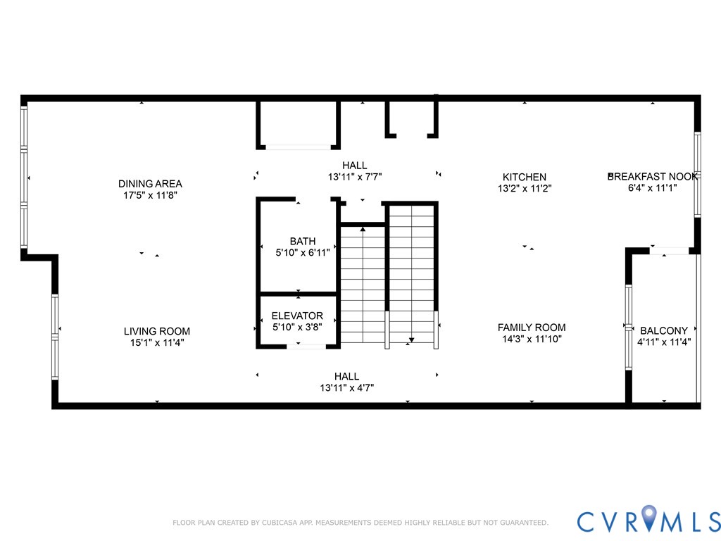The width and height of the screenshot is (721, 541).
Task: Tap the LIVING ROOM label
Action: click(157, 331)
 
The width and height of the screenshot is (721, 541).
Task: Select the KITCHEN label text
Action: click(524, 177)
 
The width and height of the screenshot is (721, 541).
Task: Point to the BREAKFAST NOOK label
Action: click(653, 176)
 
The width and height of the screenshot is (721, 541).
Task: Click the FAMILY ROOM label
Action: click(531, 328)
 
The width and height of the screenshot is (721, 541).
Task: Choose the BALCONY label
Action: click(663, 330)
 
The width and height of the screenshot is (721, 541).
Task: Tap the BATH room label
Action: click(302, 242)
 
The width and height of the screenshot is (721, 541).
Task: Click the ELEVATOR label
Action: click(297, 316)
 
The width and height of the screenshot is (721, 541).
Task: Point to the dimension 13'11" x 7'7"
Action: click(355, 177)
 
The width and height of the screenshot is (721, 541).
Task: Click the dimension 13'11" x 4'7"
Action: click(346, 387)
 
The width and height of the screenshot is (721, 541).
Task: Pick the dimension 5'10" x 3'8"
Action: click(297, 328)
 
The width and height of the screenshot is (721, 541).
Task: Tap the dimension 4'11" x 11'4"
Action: click(663, 342)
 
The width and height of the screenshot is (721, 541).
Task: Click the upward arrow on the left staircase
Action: click(363, 228)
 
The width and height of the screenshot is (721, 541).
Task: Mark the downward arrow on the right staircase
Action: click(411, 341)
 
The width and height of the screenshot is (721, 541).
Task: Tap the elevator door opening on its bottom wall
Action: click(306, 346)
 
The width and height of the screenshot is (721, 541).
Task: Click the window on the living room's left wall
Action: click(55, 337)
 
